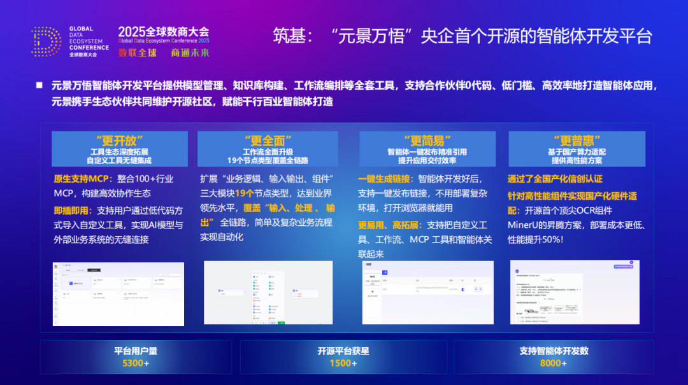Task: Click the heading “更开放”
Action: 119,140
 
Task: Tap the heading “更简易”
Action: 427,140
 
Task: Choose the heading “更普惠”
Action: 577,140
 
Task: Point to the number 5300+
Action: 136,363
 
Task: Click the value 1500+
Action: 343,363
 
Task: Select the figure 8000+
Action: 553,363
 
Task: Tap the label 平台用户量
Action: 136,351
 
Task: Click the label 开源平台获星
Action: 343,351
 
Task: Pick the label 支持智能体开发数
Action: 553,351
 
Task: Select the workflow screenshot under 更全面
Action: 267,293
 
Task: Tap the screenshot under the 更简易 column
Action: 427,293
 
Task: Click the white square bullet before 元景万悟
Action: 39,85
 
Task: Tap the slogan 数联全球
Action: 137,53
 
